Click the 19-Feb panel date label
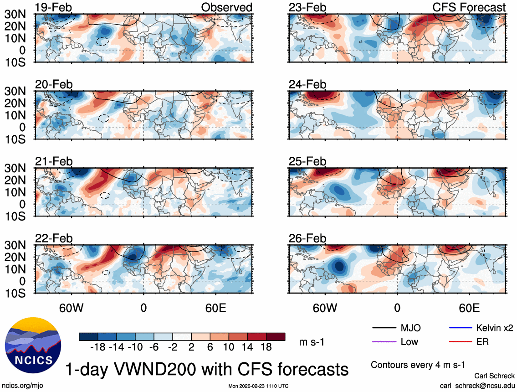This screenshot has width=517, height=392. coord(54,7)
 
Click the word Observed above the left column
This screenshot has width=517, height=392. coord(226,7)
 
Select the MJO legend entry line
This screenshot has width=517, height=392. coord(384,328)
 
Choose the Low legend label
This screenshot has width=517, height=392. coord(409,341)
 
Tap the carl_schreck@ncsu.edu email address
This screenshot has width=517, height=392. coord(477,386)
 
